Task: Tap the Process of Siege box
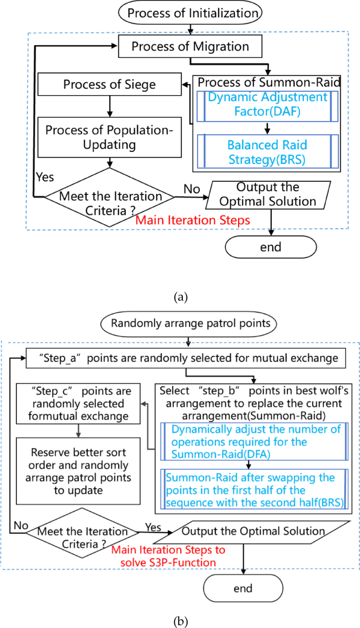pos(110,84)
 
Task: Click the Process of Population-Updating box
pos(110,137)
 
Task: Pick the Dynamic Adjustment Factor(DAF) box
pos(267,104)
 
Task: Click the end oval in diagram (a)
pos(271,246)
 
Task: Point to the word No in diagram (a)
pos(191,188)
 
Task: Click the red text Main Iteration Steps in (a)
pos(193,220)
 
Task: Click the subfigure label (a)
pos(180,297)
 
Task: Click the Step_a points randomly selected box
pos(187,359)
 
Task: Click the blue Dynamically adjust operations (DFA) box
pos(248,442)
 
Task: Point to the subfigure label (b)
pos(180,621)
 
